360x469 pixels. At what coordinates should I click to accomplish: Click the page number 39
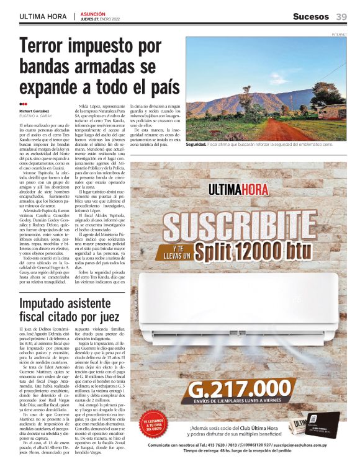point(341,17)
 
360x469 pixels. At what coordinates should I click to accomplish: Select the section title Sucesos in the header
point(311,17)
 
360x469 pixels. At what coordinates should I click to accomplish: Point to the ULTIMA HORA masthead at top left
point(43,17)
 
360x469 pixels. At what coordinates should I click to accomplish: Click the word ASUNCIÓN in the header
point(93,13)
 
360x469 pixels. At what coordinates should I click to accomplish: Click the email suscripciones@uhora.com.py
point(310,445)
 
